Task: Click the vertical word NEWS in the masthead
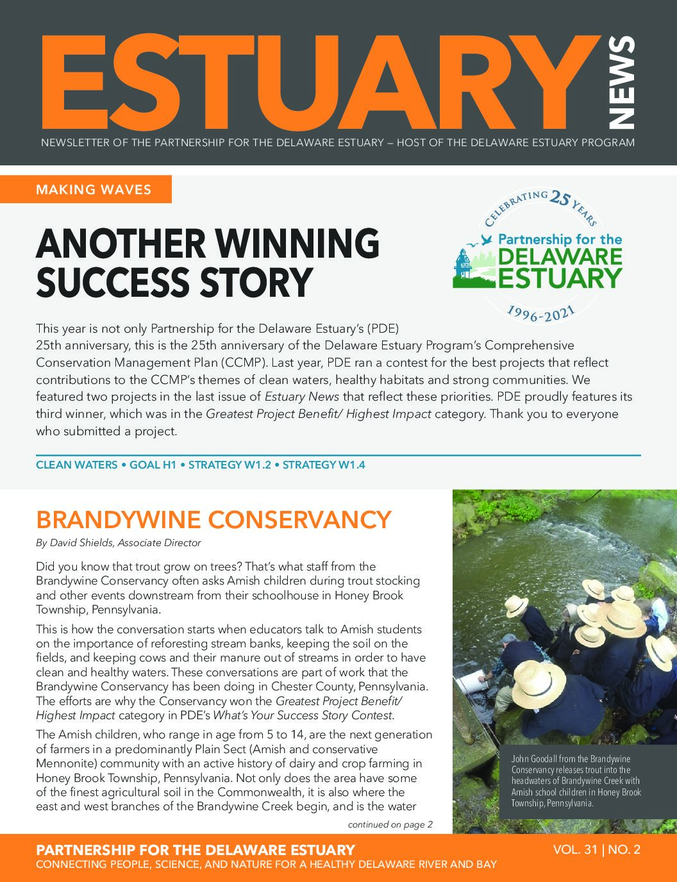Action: [x=621, y=83]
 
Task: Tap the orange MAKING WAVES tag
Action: [x=94, y=189]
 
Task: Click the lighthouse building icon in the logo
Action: [x=462, y=267]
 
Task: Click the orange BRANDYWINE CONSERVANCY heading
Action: [x=213, y=519]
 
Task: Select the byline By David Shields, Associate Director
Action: [x=119, y=543]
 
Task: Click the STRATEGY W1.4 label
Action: [x=324, y=465]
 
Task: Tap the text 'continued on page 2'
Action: [x=390, y=824]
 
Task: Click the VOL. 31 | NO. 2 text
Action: [x=596, y=850]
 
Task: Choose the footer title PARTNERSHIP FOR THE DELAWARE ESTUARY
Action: [x=196, y=850]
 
